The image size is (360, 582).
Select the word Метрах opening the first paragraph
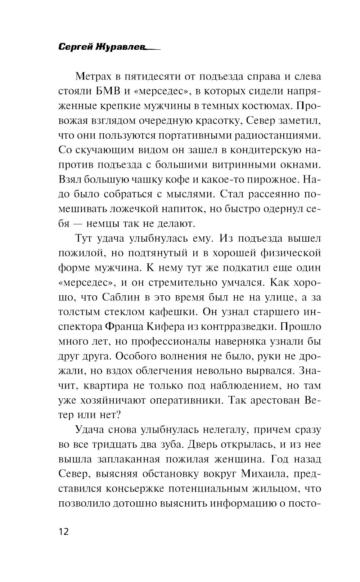click(93, 77)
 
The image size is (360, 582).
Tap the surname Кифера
click(163, 327)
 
